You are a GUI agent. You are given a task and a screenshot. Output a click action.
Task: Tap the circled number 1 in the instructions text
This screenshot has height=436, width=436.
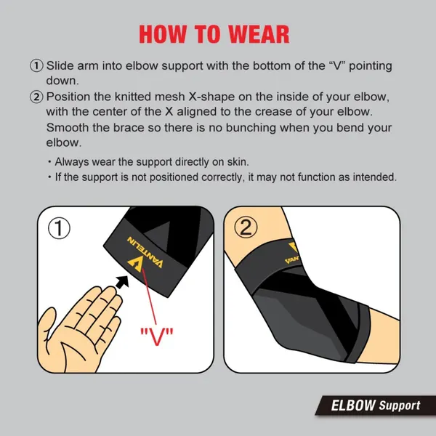coord(36,65)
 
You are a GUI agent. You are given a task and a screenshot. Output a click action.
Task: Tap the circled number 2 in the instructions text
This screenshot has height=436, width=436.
coord(36,97)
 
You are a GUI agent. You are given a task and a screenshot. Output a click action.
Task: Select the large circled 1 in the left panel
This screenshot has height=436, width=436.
coord(59,228)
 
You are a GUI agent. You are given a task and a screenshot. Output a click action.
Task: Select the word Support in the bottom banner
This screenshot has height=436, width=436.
coord(399,405)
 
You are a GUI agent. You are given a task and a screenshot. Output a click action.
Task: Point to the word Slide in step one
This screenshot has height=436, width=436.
coord(60,65)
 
